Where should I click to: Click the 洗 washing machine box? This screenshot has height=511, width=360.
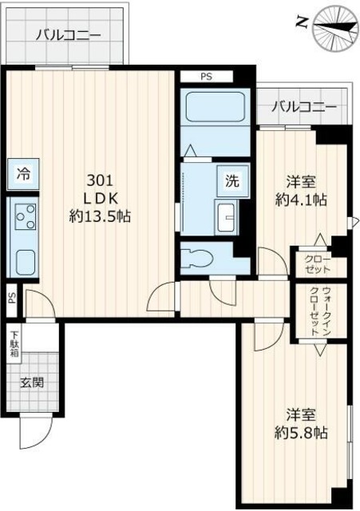pyautogui.click(x=231, y=179)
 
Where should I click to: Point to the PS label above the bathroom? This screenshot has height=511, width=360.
pyautogui.click(x=206, y=77)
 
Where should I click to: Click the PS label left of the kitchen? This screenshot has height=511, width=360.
pyautogui.click(x=11, y=299)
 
